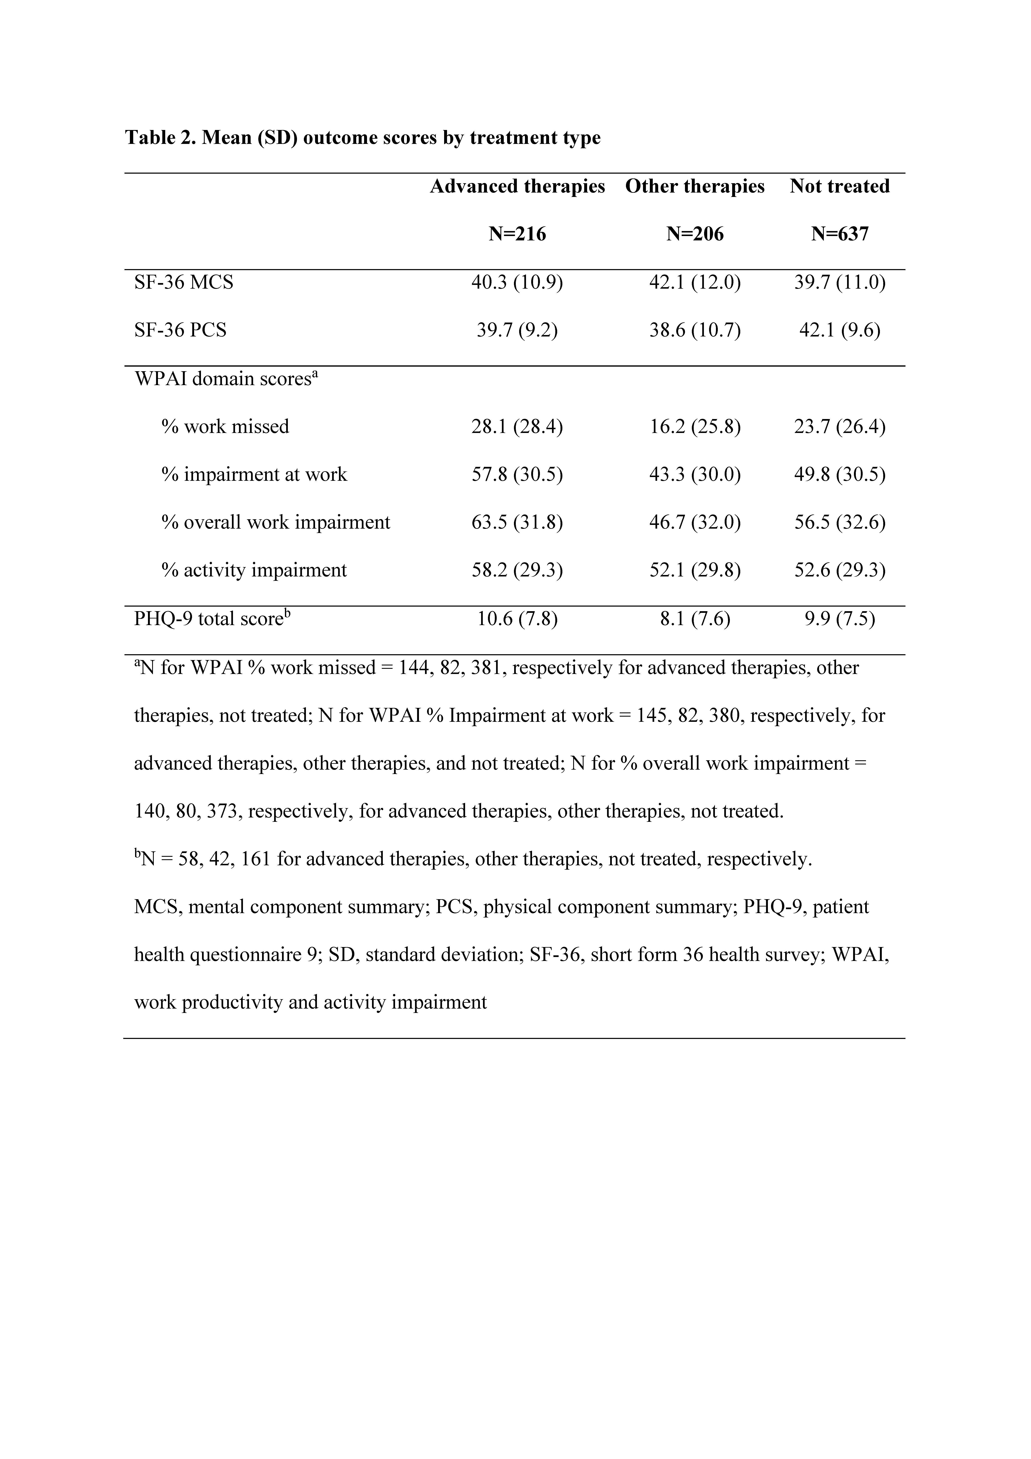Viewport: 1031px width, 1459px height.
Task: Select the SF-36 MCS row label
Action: click(x=184, y=282)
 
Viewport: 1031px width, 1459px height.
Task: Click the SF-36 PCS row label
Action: click(x=180, y=330)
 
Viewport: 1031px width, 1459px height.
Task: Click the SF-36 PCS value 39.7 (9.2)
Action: click(x=517, y=330)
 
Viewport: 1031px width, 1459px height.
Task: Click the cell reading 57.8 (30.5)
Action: click(x=517, y=474)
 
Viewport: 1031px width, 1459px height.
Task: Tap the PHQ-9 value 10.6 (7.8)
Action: click(x=517, y=618)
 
